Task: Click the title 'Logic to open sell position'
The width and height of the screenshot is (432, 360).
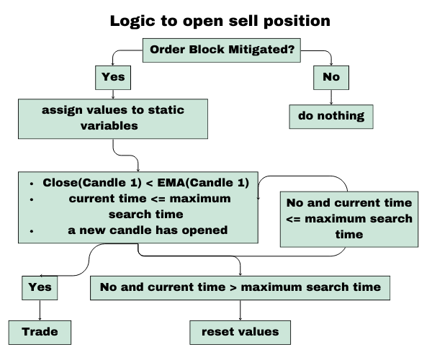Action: point(220,20)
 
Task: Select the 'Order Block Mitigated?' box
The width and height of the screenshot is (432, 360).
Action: point(222,50)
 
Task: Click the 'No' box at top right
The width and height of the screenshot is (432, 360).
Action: point(330,76)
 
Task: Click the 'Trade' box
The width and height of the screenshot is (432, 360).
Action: point(40,332)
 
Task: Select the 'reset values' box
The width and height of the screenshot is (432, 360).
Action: point(240,332)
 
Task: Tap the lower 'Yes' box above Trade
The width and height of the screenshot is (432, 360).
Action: point(39,287)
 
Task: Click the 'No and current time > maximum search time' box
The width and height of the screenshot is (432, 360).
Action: point(240,287)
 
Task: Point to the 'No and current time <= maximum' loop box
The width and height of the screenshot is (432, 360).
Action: point(349,218)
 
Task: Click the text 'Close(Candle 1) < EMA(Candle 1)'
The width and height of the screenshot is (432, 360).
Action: point(145,183)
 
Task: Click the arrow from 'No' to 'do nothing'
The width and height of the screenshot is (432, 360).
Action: point(330,96)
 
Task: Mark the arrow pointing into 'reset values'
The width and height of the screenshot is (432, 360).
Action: point(240,310)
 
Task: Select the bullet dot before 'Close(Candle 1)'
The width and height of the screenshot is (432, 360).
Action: point(31,183)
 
